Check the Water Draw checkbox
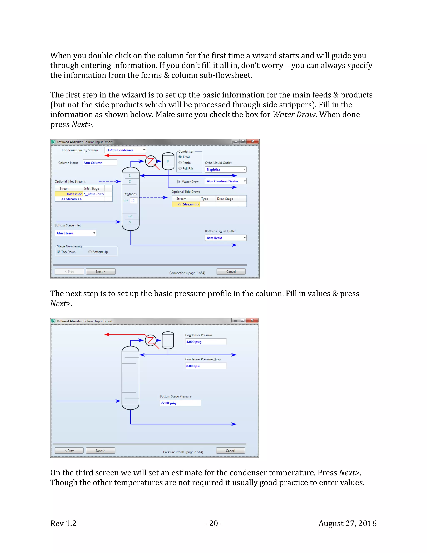click(179, 182)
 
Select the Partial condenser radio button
click(180, 163)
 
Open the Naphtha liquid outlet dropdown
click(225, 169)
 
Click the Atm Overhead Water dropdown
click(225, 181)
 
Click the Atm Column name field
click(100, 163)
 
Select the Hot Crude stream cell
click(69, 194)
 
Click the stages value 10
click(133, 201)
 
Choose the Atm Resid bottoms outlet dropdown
click(225, 238)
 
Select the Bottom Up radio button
click(90, 252)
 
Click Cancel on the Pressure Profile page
click(230, 451)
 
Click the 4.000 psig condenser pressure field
click(205, 342)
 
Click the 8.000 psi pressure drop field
click(205, 366)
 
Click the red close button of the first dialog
click(252, 141)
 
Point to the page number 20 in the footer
click(213, 523)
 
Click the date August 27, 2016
click(347, 523)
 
